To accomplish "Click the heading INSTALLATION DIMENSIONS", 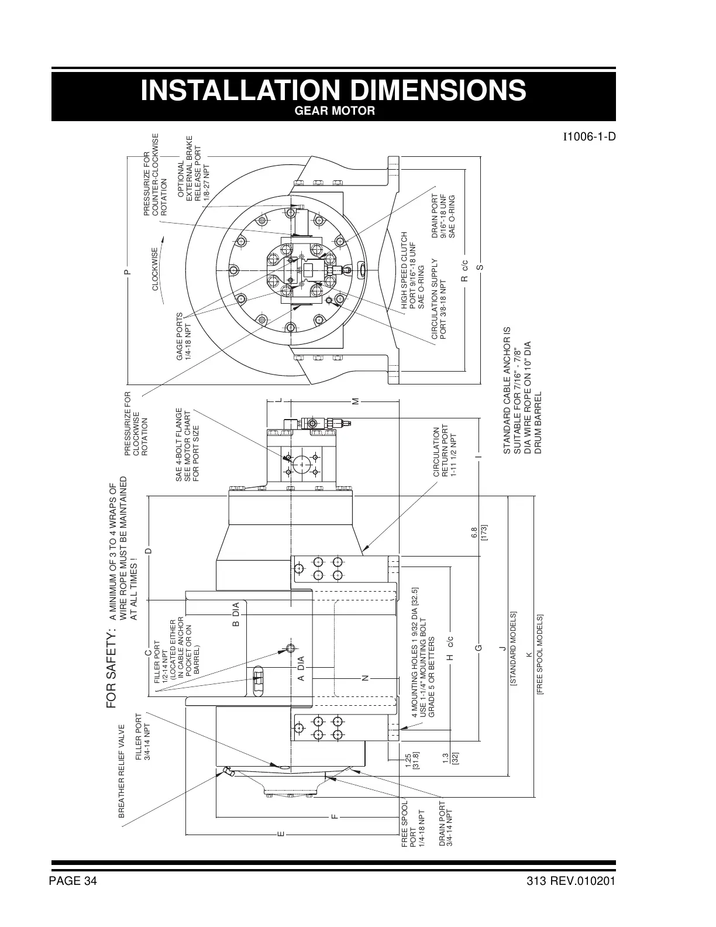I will tap(333, 90).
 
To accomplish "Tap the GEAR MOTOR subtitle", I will tap(333, 111).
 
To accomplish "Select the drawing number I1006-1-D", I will tap(589, 138).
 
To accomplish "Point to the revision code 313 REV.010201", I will tap(571, 882).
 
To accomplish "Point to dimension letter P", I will tap(126, 272).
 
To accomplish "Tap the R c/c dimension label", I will tap(465, 270).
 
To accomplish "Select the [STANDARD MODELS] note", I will tap(513, 648).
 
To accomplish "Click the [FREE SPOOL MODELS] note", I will tap(541, 654).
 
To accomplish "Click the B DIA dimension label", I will tap(236, 614).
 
